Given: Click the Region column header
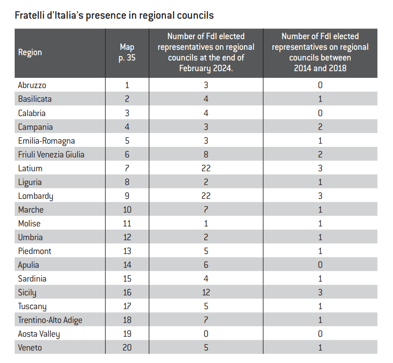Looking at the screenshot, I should [30, 52].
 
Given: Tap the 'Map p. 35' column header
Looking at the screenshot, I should [127, 52].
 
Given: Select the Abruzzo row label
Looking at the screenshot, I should [32, 85].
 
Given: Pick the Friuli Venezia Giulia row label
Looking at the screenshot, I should [51, 154].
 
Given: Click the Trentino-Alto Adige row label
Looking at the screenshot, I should [50, 320].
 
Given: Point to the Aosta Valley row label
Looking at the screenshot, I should [39, 334].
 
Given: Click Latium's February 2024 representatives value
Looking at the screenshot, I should [206, 168].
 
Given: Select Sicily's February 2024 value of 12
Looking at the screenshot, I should [206, 292].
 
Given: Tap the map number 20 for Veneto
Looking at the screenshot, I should [127, 347].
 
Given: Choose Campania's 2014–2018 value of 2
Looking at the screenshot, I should [320, 127].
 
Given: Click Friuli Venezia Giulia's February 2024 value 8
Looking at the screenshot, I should [206, 154].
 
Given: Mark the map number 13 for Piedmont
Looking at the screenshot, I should [127, 251].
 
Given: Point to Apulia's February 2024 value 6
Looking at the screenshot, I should [206, 265].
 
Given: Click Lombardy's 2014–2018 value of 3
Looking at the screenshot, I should [320, 196].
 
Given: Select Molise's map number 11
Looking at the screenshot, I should [127, 223].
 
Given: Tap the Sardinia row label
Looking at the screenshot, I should [32, 278].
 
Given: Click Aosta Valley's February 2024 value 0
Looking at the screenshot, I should [206, 334].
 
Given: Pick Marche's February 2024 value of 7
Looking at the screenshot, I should [206, 210].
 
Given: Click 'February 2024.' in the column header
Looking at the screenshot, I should [206, 69].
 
